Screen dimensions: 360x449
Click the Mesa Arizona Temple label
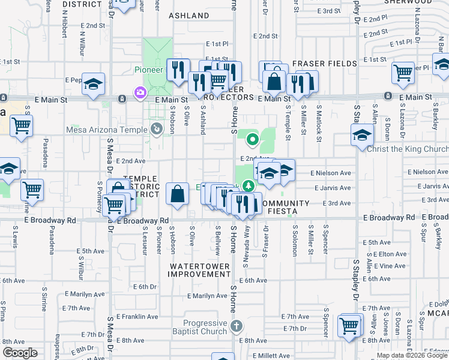point(112,130)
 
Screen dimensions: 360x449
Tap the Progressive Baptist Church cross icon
point(237,326)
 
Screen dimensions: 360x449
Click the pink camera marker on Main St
point(140,93)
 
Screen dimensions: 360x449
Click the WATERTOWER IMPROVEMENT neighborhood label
point(199,269)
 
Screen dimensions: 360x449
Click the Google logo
point(20,353)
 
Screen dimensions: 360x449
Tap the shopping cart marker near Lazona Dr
point(403,73)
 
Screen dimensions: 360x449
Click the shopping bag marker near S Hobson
point(177,193)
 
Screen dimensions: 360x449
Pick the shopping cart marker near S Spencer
point(349,326)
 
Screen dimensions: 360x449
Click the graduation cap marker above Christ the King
point(363,135)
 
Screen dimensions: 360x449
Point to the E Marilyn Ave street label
point(206,296)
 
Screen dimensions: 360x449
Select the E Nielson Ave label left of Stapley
point(330,173)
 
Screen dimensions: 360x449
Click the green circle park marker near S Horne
point(253,141)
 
